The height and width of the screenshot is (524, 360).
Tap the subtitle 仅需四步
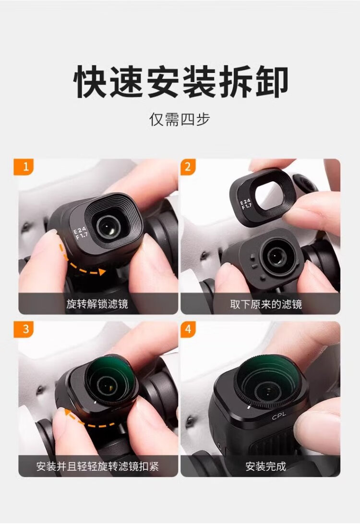tap(180, 119)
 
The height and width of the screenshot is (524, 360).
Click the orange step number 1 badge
tap(24, 167)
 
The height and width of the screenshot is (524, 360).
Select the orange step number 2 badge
tap(188, 167)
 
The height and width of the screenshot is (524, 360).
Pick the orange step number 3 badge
tap(24, 329)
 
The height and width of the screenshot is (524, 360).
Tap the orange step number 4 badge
tap(188, 329)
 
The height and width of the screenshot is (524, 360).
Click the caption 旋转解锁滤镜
tap(97, 304)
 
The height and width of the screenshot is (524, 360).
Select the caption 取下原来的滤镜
tap(266, 304)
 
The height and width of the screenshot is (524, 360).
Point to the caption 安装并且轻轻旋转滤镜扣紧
tap(97, 466)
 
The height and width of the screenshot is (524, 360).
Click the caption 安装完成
tap(266, 466)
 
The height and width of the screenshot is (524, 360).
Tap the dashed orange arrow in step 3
tap(84, 421)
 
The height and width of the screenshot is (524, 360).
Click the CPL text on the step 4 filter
tap(279, 416)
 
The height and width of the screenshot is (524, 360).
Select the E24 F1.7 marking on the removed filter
tap(246, 203)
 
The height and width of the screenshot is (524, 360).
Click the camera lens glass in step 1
tap(108, 226)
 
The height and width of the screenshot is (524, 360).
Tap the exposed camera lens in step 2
tap(276, 256)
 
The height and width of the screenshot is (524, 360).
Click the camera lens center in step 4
tap(268, 390)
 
